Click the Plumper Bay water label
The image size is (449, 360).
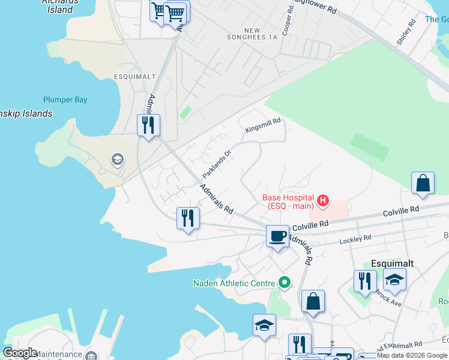(65, 100)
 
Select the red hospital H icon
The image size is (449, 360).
(323, 200)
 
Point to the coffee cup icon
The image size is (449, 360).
(277, 236)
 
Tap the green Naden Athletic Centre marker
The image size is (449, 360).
(285, 283)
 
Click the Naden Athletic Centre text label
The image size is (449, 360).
(234, 283)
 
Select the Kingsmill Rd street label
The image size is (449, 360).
(263, 125)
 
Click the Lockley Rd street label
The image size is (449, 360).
(355, 238)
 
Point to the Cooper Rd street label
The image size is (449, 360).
(287, 20)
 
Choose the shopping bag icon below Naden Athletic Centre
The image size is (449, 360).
(313, 302)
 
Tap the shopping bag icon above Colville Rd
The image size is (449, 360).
(423, 183)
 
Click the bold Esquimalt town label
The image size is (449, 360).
(393, 263)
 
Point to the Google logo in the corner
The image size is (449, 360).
(20, 353)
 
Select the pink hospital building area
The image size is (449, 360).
(337, 210)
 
